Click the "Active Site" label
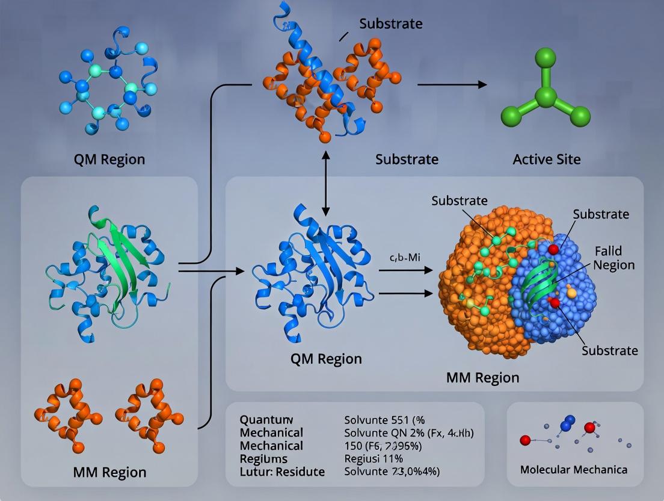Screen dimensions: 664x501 pyautogui.click(x=547, y=160)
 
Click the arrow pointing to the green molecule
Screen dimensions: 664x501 pyautogui.click(x=452, y=85)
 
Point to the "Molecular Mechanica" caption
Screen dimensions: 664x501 pyautogui.click(x=574, y=469)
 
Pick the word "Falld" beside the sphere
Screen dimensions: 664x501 pyautogui.click(x=608, y=250)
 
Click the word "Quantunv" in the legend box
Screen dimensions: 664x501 pyautogui.click(x=266, y=420)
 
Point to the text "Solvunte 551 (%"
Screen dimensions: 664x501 pyautogui.click(x=384, y=420)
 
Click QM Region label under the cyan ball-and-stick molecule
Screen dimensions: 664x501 pyautogui.click(x=109, y=160)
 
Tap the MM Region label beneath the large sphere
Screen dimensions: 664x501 pyautogui.click(x=482, y=378)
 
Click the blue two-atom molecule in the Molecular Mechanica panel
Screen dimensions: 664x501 pyautogui.click(x=568, y=423)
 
